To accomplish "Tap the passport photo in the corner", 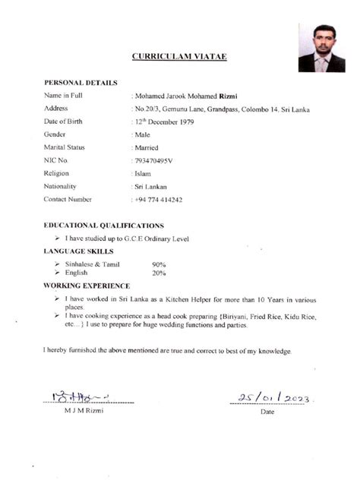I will tap(321, 47).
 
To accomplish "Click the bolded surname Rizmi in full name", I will tap(229, 96).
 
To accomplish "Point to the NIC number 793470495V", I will tap(154, 160).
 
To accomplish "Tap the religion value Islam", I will tap(142, 173).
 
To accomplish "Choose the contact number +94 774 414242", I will tap(158, 199).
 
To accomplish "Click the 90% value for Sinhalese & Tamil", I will tap(159, 264).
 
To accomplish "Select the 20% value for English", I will tap(159, 272).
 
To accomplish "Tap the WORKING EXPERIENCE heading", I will tap(87, 286).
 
